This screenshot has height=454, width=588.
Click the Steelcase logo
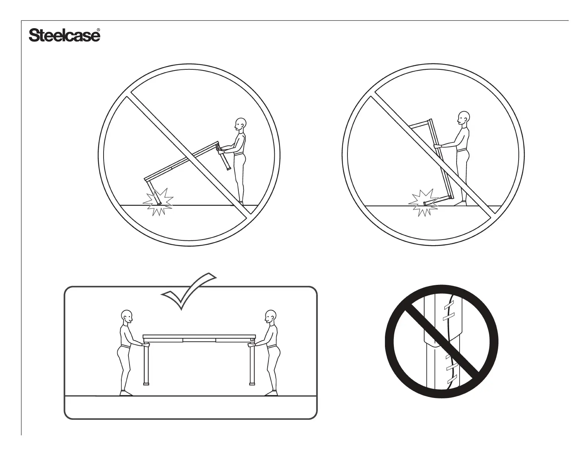[x=64, y=36]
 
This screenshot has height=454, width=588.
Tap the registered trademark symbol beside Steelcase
[x=98, y=30]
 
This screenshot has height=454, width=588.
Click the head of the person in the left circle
[x=240, y=123]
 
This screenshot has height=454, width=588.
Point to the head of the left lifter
[x=127, y=316]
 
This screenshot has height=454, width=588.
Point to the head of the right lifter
[x=270, y=316]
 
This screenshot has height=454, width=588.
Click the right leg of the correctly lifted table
[x=252, y=363]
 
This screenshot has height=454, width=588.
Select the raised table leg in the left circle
[x=225, y=159]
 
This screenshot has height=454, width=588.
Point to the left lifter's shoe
[x=125, y=393]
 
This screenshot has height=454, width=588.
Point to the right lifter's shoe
[x=271, y=393]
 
